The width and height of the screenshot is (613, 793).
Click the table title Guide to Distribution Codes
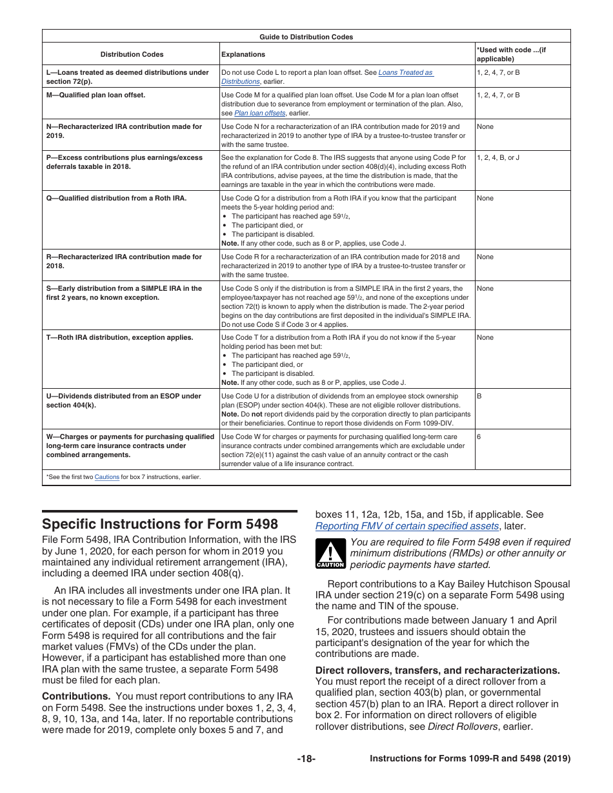point(306,37)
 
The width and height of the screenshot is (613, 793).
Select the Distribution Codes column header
point(132,55)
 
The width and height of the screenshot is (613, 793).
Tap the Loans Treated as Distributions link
point(406,73)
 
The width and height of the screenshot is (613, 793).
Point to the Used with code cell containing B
point(479,396)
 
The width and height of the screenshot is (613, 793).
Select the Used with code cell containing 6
point(479,436)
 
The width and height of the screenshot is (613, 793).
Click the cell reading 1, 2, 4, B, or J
point(497,158)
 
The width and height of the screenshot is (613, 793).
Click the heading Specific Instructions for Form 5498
point(160,524)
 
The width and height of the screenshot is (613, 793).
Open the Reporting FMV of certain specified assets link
point(407,526)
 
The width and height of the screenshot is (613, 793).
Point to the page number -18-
point(306,759)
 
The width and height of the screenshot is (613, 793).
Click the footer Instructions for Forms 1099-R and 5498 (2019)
point(470,759)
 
